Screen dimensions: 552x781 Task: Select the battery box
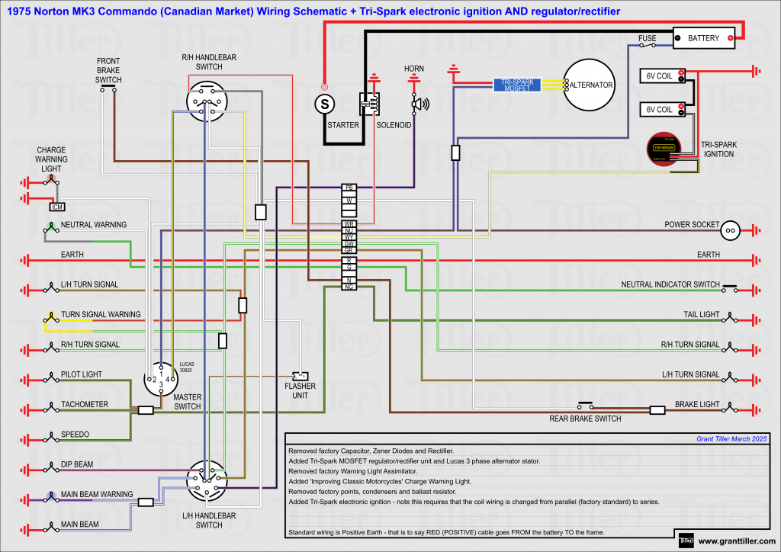(x=703, y=37)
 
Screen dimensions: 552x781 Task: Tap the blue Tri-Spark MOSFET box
(x=516, y=85)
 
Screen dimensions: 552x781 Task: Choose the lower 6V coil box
(x=661, y=109)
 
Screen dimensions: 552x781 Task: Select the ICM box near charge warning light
(x=56, y=207)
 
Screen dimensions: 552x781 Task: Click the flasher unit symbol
(x=301, y=376)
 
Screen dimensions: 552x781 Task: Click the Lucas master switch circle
(x=162, y=379)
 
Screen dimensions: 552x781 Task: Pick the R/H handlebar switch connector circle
(x=207, y=101)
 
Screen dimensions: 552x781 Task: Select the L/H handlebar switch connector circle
(x=209, y=480)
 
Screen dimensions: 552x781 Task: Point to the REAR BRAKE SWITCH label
(x=585, y=419)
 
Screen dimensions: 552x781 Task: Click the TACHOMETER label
(x=85, y=404)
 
